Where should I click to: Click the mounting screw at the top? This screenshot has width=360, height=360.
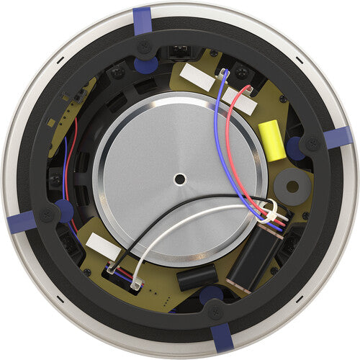145,46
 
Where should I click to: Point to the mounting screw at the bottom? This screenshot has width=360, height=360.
215,312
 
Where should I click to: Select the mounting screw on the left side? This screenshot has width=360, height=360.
47,214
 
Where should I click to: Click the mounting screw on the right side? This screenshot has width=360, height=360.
312,143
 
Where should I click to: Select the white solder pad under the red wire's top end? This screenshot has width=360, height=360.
240,100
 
